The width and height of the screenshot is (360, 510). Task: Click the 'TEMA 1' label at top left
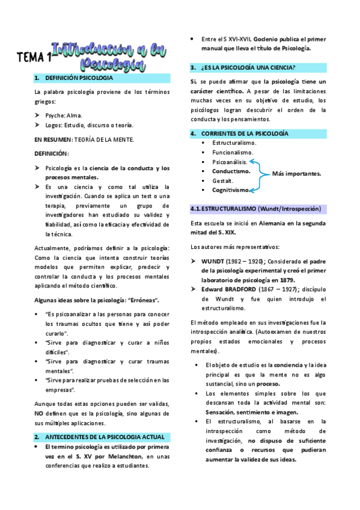33,58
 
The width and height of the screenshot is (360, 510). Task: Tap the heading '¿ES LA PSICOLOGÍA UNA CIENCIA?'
252,67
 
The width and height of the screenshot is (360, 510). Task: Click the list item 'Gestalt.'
223,180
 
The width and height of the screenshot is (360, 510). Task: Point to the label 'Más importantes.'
296,174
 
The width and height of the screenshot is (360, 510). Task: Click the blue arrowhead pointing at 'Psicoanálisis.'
251,162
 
